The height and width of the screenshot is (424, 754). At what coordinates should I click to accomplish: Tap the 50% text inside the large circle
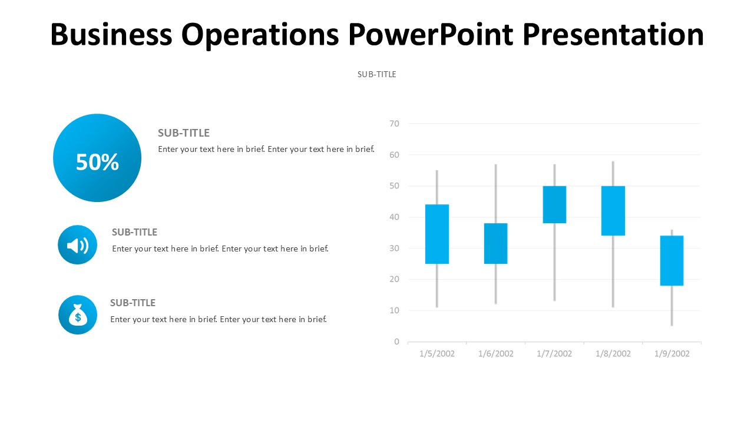pyautogui.click(x=97, y=162)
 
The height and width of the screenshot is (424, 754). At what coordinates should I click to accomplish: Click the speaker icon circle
pyautogui.click(x=77, y=245)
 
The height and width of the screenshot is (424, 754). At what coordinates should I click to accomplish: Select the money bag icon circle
pyautogui.click(x=78, y=315)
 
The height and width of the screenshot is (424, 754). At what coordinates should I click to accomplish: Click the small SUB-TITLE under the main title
pyautogui.click(x=377, y=74)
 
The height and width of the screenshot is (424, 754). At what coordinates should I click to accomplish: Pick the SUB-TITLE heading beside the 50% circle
pyautogui.click(x=184, y=133)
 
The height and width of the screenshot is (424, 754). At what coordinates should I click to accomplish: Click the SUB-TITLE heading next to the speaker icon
pyautogui.click(x=135, y=232)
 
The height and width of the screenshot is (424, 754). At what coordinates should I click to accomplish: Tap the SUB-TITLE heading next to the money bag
pyautogui.click(x=133, y=303)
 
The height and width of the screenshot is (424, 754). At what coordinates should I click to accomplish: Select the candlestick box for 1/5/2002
pyautogui.click(x=436, y=234)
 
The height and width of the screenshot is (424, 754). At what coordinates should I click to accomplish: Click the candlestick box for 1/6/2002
pyautogui.click(x=495, y=243)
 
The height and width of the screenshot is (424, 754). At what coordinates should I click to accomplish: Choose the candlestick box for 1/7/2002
pyautogui.click(x=554, y=204)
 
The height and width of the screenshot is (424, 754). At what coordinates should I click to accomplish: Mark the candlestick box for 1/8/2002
pyautogui.click(x=613, y=210)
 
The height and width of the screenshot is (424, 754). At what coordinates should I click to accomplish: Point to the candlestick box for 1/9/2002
pyautogui.click(x=672, y=260)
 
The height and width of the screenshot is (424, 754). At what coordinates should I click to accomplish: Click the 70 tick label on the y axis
pyautogui.click(x=394, y=124)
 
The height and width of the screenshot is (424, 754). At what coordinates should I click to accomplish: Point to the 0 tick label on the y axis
pyautogui.click(x=396, y=342)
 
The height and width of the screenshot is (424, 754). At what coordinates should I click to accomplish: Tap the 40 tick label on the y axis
pyautogui.click(x=394, y=217)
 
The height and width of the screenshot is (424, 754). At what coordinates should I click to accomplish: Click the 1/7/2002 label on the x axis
pyautogui.click(x=554, y=354)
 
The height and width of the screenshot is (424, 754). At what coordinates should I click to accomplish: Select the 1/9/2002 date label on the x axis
pyautogui.click(x=672, y=354)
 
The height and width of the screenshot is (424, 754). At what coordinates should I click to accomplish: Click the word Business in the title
pyautogui.click(x=111, y=35)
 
